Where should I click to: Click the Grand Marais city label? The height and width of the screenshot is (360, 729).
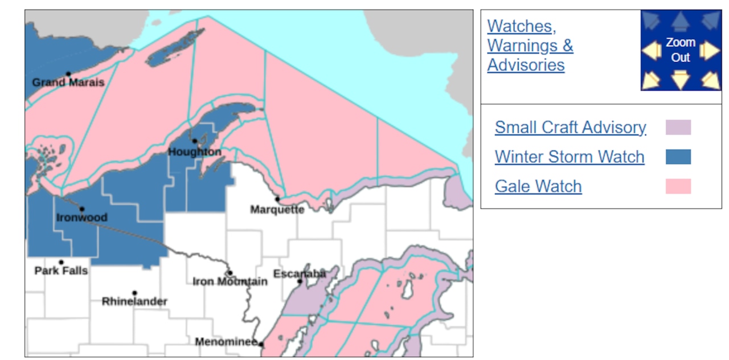[x=68, y=83]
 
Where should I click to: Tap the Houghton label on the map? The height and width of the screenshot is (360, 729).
[x=194, y=152]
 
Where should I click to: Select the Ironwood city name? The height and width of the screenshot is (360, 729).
[x=81, y=218]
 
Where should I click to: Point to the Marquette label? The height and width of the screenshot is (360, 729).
[x=277, y=210]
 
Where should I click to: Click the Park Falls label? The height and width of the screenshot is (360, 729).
[x=61, y=271]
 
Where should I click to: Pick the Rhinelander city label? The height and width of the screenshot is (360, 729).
[x=134, y=301]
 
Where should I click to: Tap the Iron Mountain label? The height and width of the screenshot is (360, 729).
[x=230, y=281]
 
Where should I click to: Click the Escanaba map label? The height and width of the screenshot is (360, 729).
[x=300, y=274]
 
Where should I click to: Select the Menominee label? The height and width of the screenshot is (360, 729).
[x=226, y=342]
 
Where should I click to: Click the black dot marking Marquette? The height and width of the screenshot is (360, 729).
[x=277, y=199]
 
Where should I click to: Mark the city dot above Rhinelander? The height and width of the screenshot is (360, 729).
[x=134, y=293]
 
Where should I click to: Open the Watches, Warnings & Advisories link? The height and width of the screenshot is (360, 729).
[x=530, y=46]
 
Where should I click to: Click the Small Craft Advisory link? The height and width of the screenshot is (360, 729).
[x=570, y=127]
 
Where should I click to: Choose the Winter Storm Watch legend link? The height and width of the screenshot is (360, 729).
[x=570, y=157]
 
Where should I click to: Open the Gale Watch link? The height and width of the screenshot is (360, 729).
[x=538, y=186]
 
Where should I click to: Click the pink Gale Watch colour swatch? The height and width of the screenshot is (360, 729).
[x=678, y=186]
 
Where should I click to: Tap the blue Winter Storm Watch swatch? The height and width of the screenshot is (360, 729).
[x=678, y=157]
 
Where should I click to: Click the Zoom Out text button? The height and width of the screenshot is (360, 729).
[x=681, y=50]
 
